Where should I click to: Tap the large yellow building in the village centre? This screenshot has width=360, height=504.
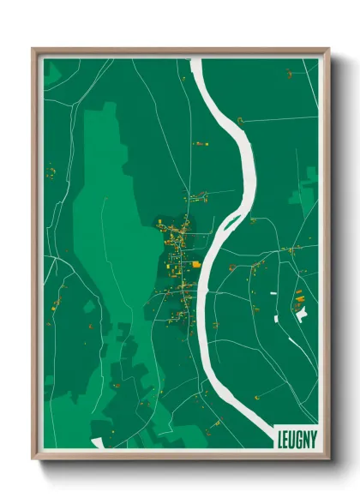(196, 264)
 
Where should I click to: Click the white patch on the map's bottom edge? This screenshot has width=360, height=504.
(97, 443)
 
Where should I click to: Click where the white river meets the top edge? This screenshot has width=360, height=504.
(195, 60)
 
